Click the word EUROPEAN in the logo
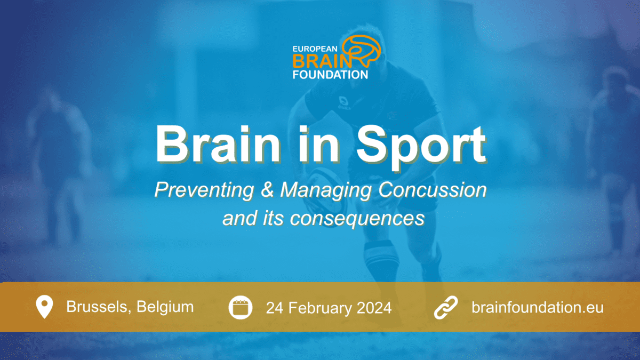315,49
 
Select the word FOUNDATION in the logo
330,75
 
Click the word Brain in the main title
218,145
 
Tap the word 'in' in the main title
319,145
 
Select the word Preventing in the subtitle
204,190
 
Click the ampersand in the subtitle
267,190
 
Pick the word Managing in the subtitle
326,190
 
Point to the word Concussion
433,190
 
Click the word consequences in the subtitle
357,219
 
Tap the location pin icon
44,307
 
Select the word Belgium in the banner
165,307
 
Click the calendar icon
241,307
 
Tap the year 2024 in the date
374,308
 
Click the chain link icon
446,307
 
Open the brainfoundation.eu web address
538,307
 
